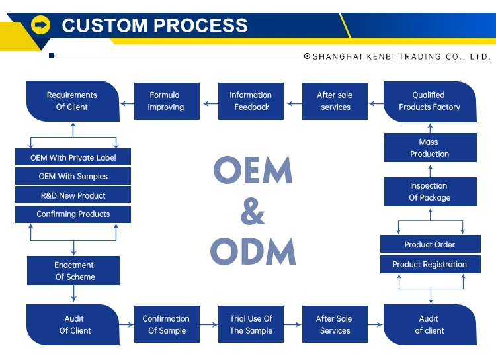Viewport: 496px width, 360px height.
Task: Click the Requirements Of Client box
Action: tap(73, 101)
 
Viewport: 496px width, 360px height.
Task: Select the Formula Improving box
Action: tap(167, 101)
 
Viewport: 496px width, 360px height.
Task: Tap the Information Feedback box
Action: tap(251, 101)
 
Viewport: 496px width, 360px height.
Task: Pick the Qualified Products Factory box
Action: tap(430, 102)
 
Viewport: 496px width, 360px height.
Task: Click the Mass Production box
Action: tap(431, 148)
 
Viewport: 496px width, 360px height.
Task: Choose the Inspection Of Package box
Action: tap(431, 191)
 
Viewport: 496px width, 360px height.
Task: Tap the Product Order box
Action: tap(431, 244)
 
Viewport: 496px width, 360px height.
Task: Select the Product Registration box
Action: tap(431, 265)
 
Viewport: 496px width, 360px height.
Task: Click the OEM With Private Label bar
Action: tap(73, 157)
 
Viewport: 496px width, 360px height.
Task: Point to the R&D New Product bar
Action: tap(73, 195)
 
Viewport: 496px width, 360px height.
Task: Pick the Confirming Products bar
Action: tap(73, 214)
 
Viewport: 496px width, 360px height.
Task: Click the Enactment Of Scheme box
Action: tap(73, 271)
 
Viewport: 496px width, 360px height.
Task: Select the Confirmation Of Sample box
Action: tap(167, 324)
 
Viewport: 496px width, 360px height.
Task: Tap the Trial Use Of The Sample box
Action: tap(251, 324)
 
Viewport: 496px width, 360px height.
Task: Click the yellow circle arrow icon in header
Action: tap(40, 24)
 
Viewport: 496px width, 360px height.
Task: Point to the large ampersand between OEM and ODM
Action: tap(253, 211)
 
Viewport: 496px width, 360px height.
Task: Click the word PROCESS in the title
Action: tap(201, 25)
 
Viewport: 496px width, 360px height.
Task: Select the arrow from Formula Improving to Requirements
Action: tap(127, 103)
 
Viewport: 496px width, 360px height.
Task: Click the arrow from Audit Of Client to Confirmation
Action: tap(127, 324)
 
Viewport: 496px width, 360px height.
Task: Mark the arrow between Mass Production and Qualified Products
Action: tap(431, 128)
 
